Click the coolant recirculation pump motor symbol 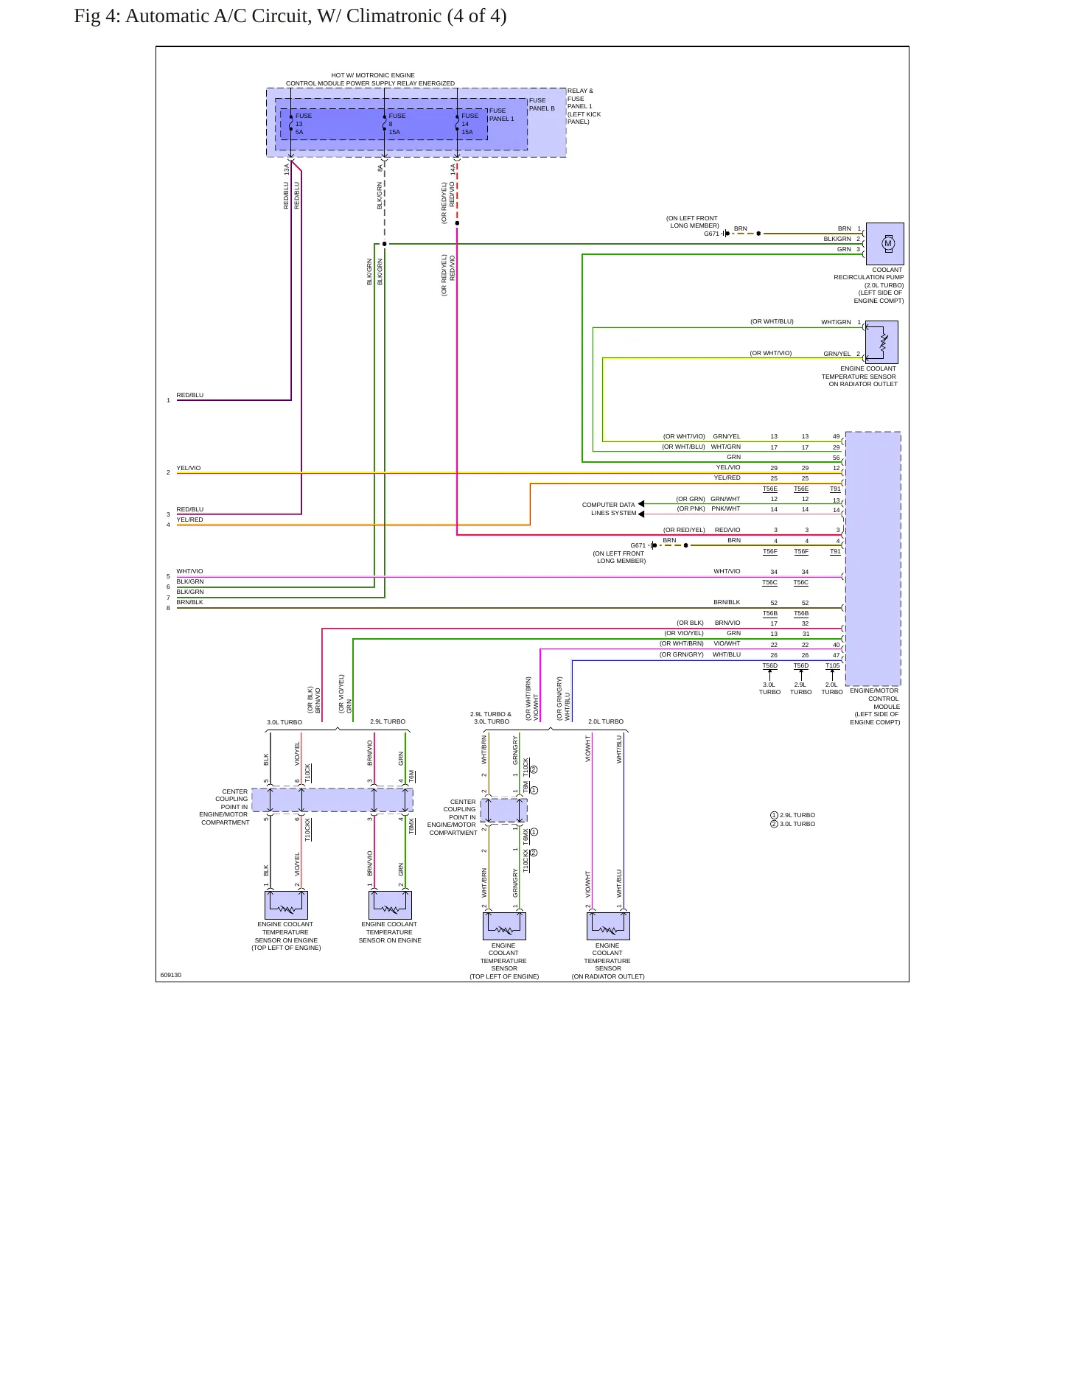[x=888, y=243]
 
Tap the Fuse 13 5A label [x=304, y=124]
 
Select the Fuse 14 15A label [x=470, y=124]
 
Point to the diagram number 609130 [x=171, y=975]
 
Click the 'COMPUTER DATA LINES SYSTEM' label [x=609, y=509]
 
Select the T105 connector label [x=832, y=665]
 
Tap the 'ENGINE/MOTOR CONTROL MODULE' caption [x=875, y=699]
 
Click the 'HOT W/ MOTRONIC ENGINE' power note [x=373, y=75]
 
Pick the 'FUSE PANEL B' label [x=542, y=104]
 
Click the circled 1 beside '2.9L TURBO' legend [x=774, y=815]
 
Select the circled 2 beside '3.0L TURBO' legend [x=774, y=824]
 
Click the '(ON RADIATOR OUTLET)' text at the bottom [x=608, y=976]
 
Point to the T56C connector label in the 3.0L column [x=769, y=582]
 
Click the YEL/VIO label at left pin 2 [x=189, y=468]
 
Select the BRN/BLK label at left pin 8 [x=189, y=602]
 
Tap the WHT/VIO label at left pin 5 [x=189, y=571]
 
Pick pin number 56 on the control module [x=837, y=458]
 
